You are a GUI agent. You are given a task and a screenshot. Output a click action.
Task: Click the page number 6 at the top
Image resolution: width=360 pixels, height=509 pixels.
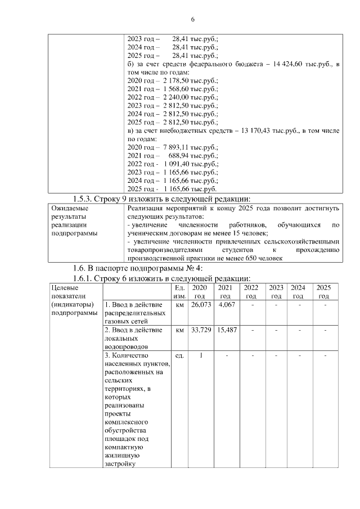click(192, 20)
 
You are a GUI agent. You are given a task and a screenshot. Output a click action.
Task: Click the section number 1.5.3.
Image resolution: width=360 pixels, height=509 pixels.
click(86, 199)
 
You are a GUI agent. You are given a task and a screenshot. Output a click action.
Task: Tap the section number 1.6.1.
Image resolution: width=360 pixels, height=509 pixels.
click(86, 278)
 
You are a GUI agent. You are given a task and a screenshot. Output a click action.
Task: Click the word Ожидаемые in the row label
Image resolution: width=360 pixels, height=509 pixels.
click(69, 208)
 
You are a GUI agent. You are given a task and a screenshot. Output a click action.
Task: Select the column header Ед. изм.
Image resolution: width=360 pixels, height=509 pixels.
click(180, 291)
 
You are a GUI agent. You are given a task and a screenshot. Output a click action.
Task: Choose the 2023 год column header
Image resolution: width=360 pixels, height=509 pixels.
click(276, 291)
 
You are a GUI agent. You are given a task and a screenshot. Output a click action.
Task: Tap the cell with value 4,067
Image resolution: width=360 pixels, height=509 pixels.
click(225, 305)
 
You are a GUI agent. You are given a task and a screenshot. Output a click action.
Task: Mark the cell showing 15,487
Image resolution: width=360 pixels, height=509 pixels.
click(225, 330)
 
